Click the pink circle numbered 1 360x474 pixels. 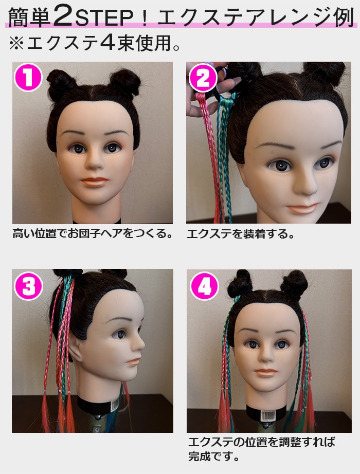click(x=28, y=77)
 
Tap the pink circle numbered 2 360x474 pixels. click(x=203, y=78)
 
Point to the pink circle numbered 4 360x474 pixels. click(x=204, y=286)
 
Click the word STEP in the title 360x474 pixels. click(x=104, y=18)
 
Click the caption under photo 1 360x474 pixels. click(x=93, y=233)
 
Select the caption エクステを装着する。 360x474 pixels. click(x=241, y=234)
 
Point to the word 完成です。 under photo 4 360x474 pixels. click(x=214, y=456)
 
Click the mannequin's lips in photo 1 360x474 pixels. click(x=95, y=181)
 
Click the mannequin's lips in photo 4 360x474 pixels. click(x=265, y=372)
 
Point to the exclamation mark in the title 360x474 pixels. click(x=145, y=17)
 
